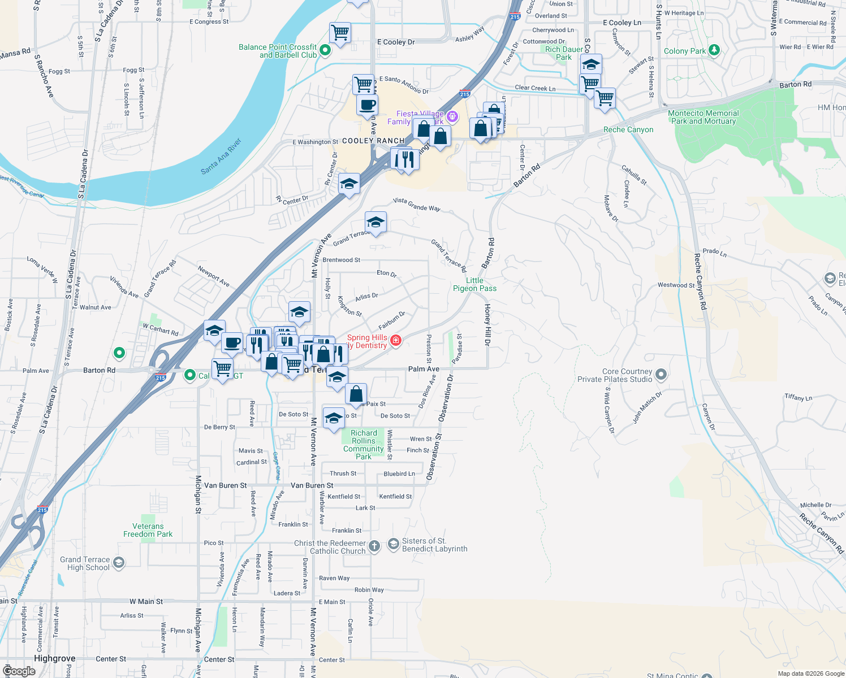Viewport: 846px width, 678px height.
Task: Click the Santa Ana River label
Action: [221, 156]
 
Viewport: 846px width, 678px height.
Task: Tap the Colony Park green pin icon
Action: [714, 51]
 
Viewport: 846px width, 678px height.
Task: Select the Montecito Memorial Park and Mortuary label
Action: [703, 117]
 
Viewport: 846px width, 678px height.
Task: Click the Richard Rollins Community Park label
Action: [364, 445]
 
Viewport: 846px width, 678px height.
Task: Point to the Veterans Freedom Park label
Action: [148, 530]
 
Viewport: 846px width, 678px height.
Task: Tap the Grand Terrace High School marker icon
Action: [119, 562]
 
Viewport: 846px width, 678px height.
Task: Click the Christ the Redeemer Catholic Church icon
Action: [374, 546]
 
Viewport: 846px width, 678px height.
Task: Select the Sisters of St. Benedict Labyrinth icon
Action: [393, 544]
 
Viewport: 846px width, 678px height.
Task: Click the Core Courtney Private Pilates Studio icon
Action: [661, 374]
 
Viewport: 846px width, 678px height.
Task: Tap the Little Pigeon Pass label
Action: [475, 284]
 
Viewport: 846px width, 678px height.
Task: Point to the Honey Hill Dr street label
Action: [487, 325]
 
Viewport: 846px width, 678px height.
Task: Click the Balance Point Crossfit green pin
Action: [325, 50]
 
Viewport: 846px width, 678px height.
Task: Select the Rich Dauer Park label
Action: [564, 53]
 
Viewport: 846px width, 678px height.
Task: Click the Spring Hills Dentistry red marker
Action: [396, 340]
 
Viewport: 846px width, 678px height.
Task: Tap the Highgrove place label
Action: [55, 658]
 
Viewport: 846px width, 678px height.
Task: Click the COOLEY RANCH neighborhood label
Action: [373, 141]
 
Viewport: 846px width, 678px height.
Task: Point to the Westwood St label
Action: [676, 285]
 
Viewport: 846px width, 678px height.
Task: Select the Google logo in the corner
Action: [19, 671]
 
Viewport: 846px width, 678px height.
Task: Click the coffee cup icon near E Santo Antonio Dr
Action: [367, 105]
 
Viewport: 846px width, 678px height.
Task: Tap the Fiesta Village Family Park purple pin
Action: [452, 116]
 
